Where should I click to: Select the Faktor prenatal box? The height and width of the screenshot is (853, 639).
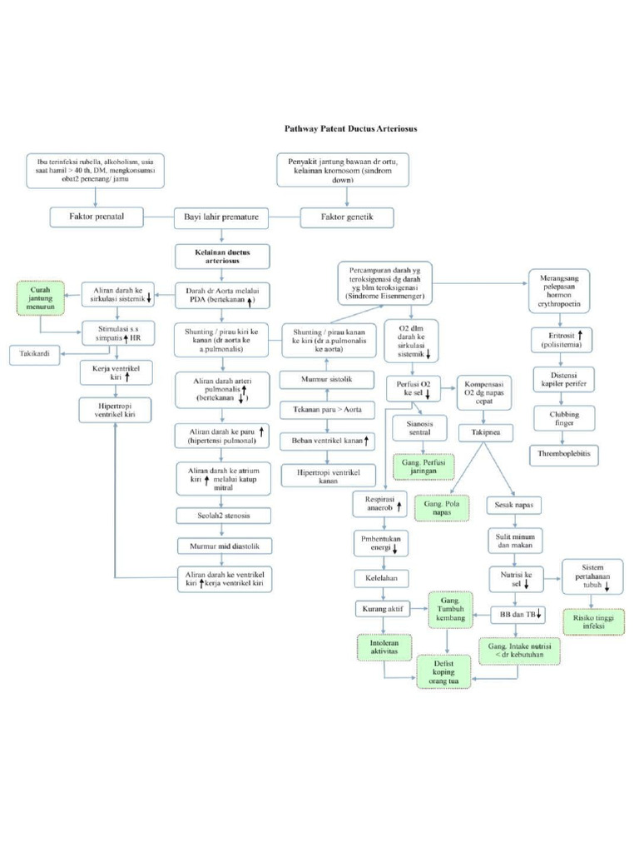(97, 217)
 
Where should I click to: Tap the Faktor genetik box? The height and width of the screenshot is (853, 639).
(347, 217)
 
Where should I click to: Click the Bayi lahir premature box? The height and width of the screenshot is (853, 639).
(221, 217)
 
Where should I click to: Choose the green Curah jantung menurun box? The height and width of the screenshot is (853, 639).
(39, 297)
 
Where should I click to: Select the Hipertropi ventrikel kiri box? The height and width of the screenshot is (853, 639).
(116, 409)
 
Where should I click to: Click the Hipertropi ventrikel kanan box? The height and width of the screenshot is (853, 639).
(327, 476)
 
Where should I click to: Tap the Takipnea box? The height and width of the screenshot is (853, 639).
(485, 433)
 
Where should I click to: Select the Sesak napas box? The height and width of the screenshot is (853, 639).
(515, 505)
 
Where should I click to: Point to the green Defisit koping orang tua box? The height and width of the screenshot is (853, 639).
(449, 672)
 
